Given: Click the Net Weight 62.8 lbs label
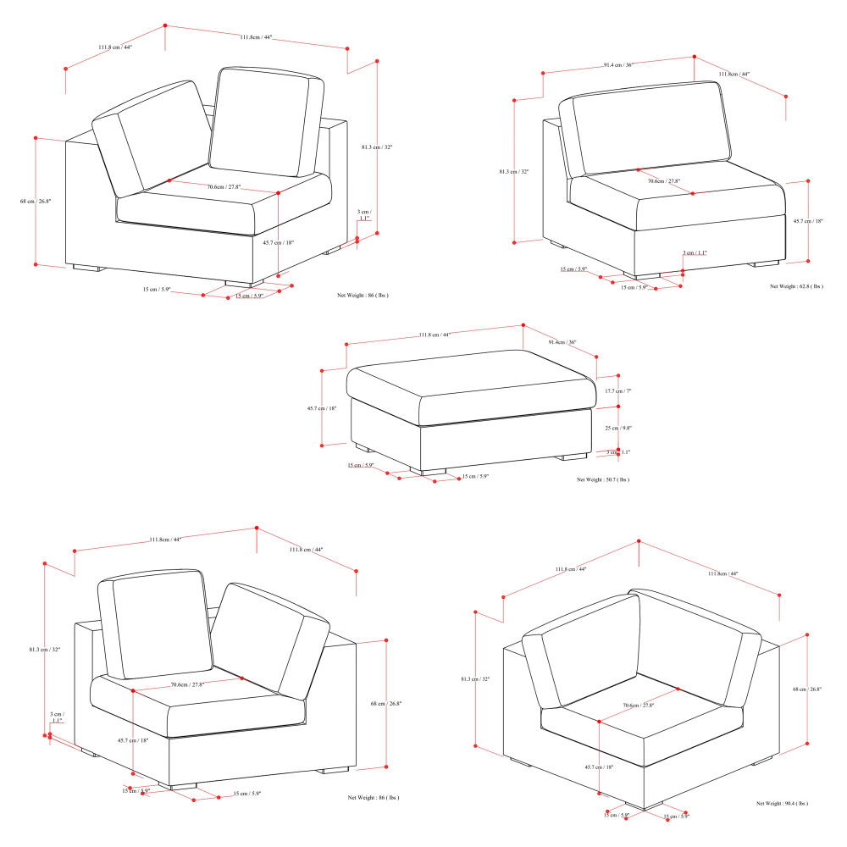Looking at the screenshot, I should (x=796, y=286).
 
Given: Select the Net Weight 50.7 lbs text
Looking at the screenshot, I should (x=603, y=479).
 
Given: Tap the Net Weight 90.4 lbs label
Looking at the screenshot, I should (x=783, y=802).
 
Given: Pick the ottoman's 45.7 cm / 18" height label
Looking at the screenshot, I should (x=322, y=408).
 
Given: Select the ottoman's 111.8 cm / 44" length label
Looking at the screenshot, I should (x=435, y=335).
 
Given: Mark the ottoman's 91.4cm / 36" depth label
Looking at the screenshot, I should (x=562, y=342).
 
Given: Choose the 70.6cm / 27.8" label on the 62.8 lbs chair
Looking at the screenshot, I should (x=664, y=180).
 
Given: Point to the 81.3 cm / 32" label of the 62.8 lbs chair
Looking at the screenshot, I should (x=514, y=171).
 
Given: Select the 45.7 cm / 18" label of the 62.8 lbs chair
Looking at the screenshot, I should (x=809, y=221).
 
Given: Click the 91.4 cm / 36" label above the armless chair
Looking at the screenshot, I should (x=618, y=64).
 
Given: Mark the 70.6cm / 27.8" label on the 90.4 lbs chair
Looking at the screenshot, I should (x=638, y=705).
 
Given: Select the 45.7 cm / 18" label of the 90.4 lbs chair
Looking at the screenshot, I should (x=599, y=766).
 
